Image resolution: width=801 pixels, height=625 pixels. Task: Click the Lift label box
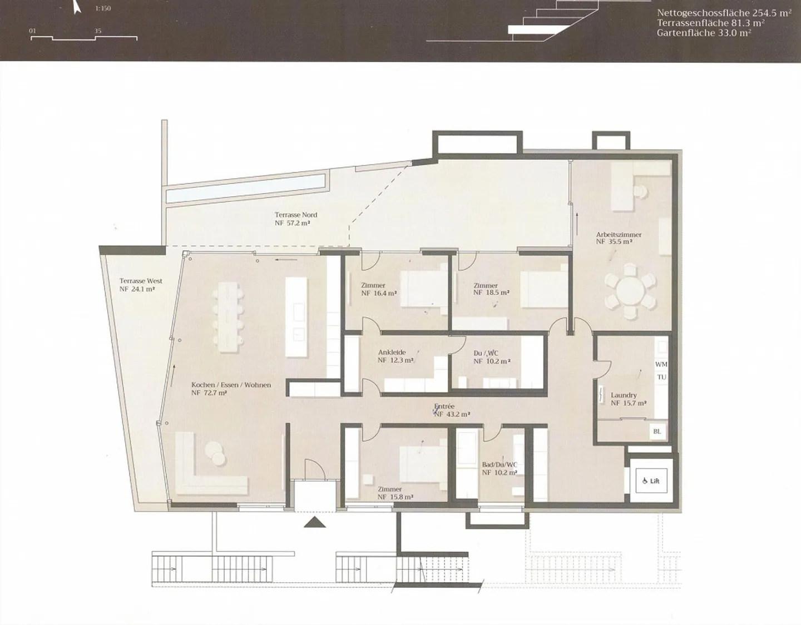click(x=651, y=480)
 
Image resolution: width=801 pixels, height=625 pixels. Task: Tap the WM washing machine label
click(x=661, y=364)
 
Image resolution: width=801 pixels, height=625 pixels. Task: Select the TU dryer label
click(x=662, y=377)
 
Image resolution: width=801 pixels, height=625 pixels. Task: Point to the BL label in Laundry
click(x=657, y=431)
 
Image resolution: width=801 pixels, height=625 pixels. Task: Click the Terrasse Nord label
click(x=295, y=215)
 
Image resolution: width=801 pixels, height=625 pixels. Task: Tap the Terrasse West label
click(x=141, y=281)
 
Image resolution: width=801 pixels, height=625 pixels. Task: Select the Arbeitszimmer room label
click(x=619, y=235)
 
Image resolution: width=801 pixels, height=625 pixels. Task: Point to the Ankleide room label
click(x=392, y=353)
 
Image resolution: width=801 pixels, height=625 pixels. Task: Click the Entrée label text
click(x=444, y=406)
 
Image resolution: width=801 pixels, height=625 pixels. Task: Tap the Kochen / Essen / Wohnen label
click(x=231, y=385)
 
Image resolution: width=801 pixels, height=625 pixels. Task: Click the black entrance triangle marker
click(x=315, y=522)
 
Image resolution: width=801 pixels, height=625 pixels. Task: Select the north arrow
click(x=76, y=7)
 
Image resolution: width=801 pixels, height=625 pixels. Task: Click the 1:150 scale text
click(x=103, y=8)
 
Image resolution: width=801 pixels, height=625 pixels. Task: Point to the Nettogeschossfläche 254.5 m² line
click(x=724, y=13)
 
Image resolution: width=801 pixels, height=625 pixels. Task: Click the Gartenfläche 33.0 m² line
click(x=704, y=33)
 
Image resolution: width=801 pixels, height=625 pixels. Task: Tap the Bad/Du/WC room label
click(x=500, y=465)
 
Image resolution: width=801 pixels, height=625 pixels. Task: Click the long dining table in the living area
click(x=229, y=317)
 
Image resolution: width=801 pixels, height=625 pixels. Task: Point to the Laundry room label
click(x=624, y=395)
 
